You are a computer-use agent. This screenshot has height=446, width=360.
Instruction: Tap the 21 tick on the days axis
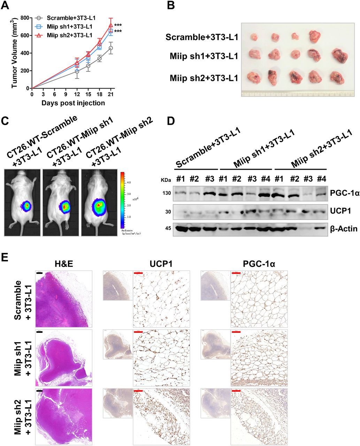point(110,94)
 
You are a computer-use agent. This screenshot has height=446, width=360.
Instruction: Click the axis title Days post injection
point(73,103)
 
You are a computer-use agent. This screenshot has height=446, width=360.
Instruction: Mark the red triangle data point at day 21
point(110,25)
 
